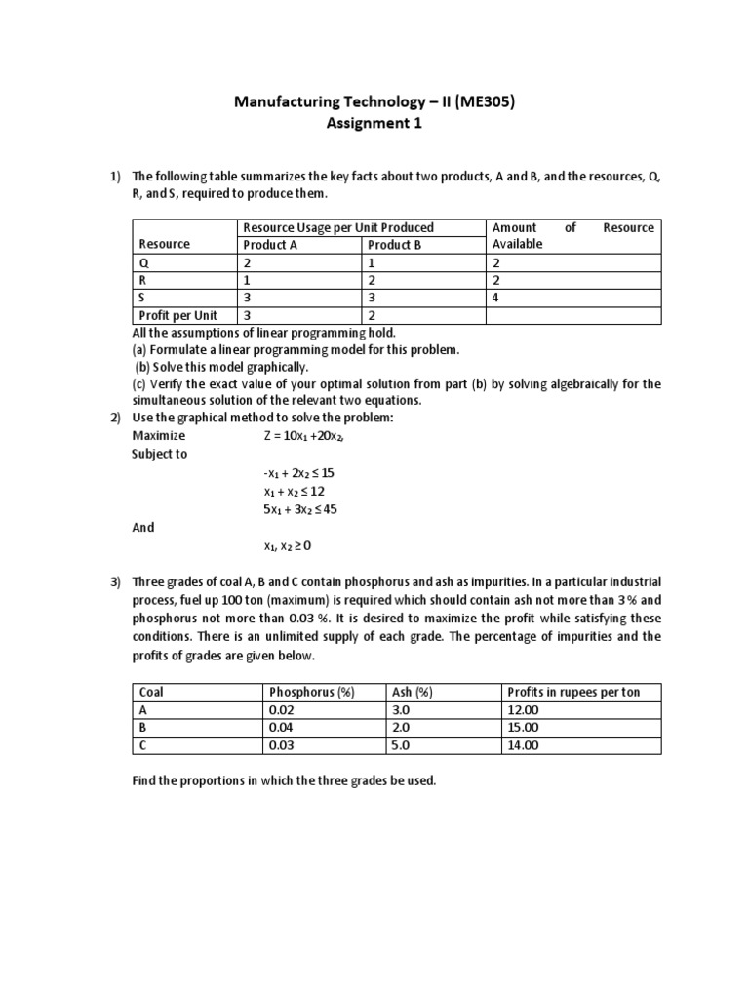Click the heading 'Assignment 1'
pos(374,125)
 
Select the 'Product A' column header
pos(270,245)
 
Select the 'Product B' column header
pos(394,245)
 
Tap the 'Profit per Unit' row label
pos(178,315)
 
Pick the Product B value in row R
pos(371,280)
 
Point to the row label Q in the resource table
pos(143,262)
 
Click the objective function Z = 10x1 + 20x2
pos(304,436)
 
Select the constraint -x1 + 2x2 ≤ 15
pos(299,472)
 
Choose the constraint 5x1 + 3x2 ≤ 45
pos(300,509)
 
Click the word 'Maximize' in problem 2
pos(159,436)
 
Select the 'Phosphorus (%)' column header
pos(312,692)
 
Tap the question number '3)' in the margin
pos(114,583)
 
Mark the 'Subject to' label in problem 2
pos(160,454)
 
